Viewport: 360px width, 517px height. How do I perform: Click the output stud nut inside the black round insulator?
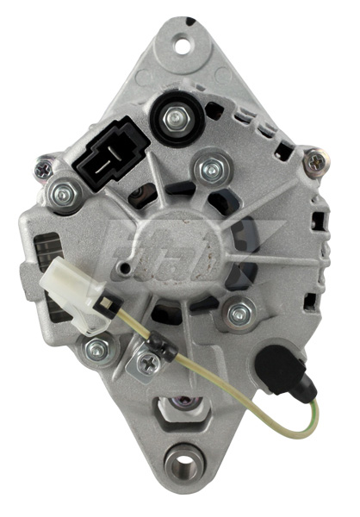(x=177, y=117)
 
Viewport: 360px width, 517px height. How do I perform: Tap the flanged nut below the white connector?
(x=98, y=348)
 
